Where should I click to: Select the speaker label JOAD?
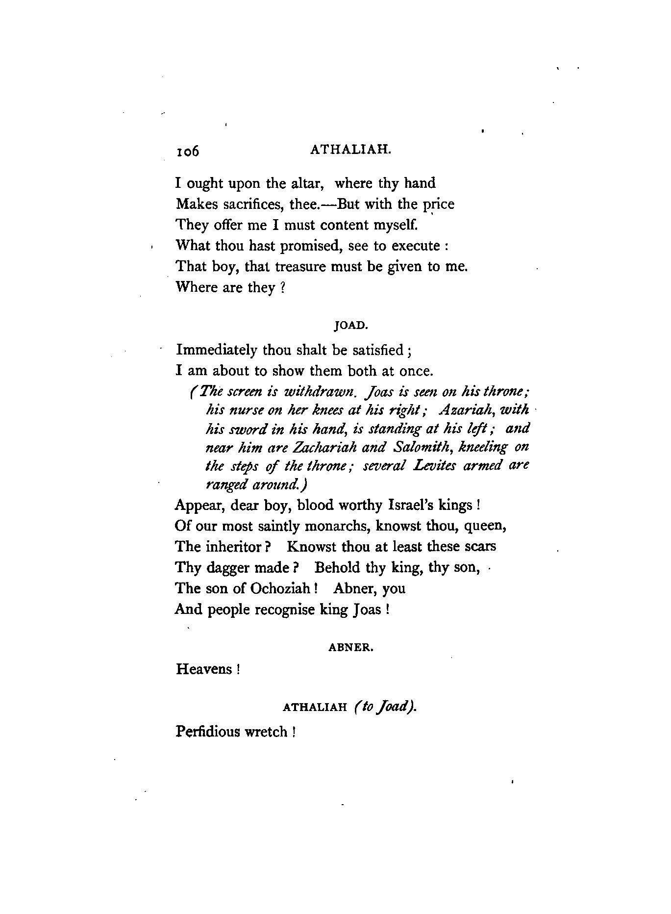pyautogui.click(x=350, y=325)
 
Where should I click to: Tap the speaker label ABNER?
pyautogui.click(x=350, y=647)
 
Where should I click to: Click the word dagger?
pyautogui.click(x=227, y=567)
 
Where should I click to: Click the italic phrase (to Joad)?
pyautogui.click(x=384, y=707)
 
